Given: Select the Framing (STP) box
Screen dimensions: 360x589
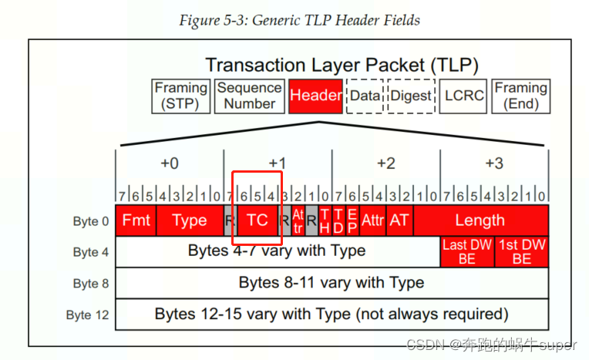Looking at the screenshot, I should click(181, 96).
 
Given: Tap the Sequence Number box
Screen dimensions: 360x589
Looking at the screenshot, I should click(248, 96).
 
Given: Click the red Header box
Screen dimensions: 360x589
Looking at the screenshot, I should click(316, 96).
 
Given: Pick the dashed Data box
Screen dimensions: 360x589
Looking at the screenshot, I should click(365, 96).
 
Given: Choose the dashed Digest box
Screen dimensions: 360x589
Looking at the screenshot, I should click(411, 96).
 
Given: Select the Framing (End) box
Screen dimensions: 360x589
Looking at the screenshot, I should click(520, 96).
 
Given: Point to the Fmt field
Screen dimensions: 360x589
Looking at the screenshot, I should click(136, 220).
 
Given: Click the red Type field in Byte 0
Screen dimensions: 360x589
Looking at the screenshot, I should click(190, 220).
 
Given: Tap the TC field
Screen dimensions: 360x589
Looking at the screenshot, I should click(257, 220).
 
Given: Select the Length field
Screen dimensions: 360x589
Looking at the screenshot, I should click(480, 220).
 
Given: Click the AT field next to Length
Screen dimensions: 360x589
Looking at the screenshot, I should click(399, 220).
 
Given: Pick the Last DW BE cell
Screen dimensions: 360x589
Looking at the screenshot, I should click(467, 252).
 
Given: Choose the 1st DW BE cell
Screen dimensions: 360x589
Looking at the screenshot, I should click(521, 252).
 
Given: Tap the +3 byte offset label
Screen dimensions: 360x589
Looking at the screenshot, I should click(493, 163).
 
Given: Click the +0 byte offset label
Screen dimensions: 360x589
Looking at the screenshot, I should click(170, 163).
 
